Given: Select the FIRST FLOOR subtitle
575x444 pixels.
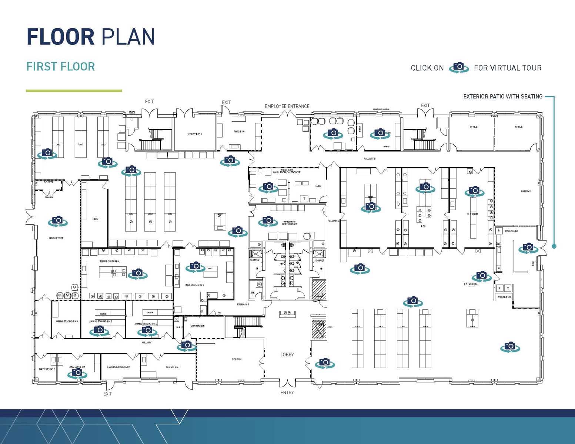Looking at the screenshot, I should [x=61, y=67].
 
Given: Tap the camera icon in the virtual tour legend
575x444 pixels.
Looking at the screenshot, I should [x=459, y=67].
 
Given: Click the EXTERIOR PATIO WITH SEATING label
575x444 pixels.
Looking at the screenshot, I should [x=503, y=97].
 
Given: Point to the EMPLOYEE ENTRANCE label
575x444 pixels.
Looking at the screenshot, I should [x=287, y=106].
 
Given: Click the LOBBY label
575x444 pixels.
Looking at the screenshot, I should [x=287, y=354].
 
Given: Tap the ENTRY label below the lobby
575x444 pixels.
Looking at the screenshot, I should [x=287, y=393].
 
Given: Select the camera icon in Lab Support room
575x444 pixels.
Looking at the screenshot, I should [x=57, y=221].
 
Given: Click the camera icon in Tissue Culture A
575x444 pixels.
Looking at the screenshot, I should [x=137, y=274].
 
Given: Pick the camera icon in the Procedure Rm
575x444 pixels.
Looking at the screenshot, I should [x=77, y=373].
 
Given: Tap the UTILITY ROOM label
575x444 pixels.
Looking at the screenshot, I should [x=195, y=134].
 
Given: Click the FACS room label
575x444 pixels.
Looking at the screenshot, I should [x=95, y=219].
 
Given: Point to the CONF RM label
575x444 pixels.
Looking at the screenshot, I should [x=237, y=359].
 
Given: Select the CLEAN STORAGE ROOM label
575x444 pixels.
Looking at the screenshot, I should [x=118, y=367].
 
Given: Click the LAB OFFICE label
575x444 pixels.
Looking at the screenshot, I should [x=172, y=367].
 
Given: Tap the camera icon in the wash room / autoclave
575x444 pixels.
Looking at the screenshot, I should [x=268, y=187].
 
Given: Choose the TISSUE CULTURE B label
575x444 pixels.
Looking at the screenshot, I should [x=194, y=285].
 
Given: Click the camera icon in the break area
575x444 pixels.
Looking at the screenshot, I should [x=528, y=248].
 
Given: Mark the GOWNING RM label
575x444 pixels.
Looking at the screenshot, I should [x=197, y=326].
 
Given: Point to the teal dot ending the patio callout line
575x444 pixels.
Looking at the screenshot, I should [x=554, y=246].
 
